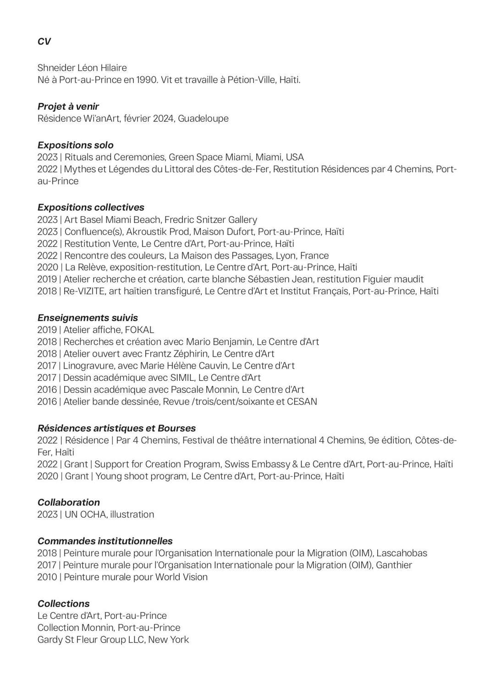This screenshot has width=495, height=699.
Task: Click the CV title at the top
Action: tap(44, 42)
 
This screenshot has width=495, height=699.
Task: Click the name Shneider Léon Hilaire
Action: tap(82, 68)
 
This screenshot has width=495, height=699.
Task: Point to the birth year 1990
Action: tap(147, 80)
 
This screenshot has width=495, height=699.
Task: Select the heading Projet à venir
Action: tap(68, 106)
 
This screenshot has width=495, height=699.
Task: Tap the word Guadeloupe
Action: tap(203, 118)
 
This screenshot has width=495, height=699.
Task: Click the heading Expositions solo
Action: tap(76, 145)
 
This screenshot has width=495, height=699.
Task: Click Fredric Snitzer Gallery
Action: tap(211, 220)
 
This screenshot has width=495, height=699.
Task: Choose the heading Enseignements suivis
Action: tap(88, 318)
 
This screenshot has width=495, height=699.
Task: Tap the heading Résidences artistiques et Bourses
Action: tap(116, 428)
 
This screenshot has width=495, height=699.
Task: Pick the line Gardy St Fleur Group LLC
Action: tap(92, 639)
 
